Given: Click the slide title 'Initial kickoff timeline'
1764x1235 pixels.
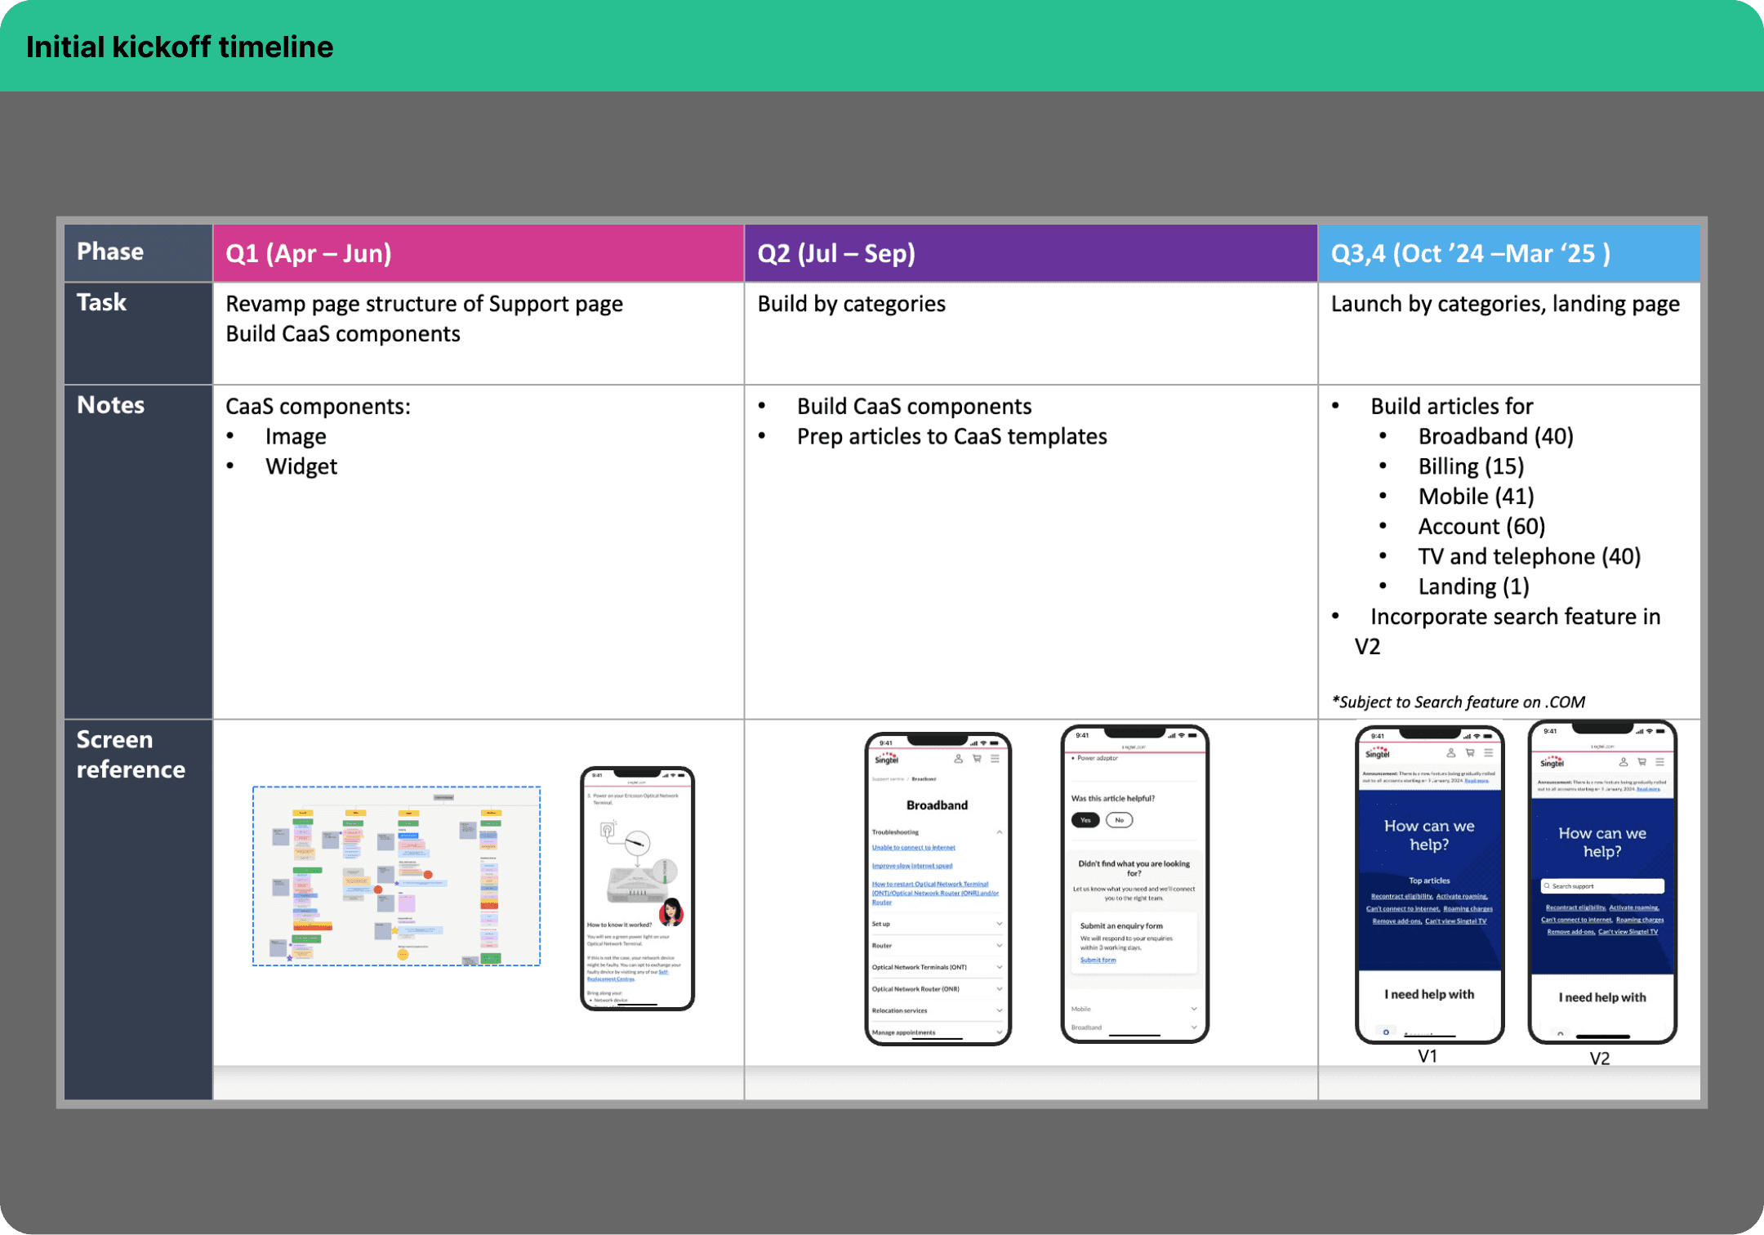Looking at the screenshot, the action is click(180, 47).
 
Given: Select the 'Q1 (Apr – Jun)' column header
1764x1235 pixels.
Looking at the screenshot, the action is click(309, 253).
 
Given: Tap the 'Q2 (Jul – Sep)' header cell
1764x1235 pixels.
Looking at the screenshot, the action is click(836, 253).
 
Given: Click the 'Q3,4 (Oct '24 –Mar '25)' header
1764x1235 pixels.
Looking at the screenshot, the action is click(1470, 253).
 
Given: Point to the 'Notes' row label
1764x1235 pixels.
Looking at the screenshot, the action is click(111, 405).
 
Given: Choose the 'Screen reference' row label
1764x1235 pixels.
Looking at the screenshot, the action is click(131, 754).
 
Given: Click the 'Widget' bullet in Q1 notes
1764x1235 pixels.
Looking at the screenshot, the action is click(301, 466).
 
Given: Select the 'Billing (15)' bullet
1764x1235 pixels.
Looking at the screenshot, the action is click(1471, 466).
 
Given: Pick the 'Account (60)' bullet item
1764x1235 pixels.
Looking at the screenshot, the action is click(1481, 527).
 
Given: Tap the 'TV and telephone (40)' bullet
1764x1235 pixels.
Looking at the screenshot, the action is click(1529, 557).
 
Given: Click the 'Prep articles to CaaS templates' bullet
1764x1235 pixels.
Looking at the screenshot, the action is click(951, 437).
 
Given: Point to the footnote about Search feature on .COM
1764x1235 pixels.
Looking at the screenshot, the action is click(1458, 702).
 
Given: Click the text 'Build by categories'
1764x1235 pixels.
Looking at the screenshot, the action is click(851, 304).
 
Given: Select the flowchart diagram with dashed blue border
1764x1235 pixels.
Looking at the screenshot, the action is click(396, 876).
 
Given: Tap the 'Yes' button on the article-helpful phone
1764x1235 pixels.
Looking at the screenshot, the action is click(1085, 820).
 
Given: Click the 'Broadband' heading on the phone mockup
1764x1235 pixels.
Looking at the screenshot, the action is click(937, 805).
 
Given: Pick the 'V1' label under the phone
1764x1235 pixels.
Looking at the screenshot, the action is click(1428, 1056).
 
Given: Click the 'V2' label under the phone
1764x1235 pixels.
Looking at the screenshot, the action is click(1600, 1059).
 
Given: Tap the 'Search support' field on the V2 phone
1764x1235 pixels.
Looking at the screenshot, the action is click(1602, 886).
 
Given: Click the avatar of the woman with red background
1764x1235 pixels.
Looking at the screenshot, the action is click(671, 911).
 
